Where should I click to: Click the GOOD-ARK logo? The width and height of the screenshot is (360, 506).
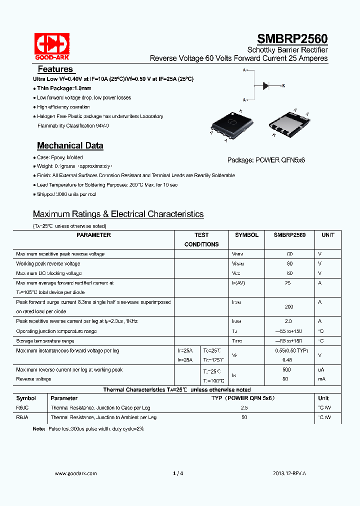click(x=51, y=45)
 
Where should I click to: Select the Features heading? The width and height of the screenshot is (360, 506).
click(x=55, y=69)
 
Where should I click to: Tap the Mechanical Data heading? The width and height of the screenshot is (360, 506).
click(x=70, y=145)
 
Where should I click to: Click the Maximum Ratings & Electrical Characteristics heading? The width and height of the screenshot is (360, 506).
click(x=118, y=214)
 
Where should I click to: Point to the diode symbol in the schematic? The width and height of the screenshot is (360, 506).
click(x=266, y=86)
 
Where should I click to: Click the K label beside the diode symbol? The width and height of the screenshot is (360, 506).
click(x=283, y=86)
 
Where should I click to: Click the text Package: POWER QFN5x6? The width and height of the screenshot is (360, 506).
click(x=266, y=160)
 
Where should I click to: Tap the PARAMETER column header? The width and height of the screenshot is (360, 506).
click(x=94, y=235)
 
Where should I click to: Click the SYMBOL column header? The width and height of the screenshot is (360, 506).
click(x=246, y=235)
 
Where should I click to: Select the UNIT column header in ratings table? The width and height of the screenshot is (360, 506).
click(x=328, y=235)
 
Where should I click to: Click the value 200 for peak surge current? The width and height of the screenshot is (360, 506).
click(x=289, y=306)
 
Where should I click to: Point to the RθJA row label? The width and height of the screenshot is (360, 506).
click(x=22, y=417)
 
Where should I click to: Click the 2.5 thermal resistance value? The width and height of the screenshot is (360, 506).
click(x=244, y=407)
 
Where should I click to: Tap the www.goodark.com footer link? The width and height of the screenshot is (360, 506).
click(x=75, y=473)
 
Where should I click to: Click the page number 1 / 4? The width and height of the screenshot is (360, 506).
click(x=178, y=473)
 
